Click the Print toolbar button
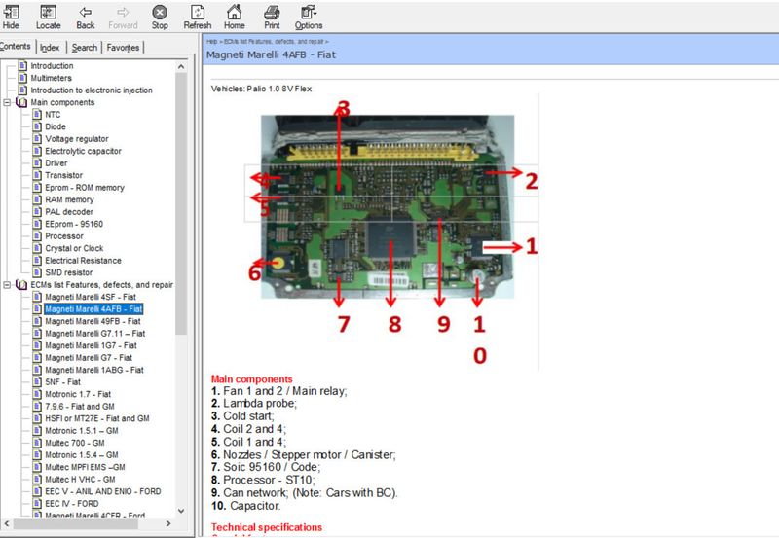tap(273, 17)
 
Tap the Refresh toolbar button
tap(197, 17)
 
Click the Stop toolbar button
tap(160, 17)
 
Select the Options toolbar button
tap(309, 17)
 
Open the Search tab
tap(84, 47)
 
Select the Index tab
tap(50, 47)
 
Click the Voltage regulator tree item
tap(77, 139)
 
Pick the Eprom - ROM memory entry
tap(85, 188)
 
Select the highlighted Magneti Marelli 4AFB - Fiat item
tap(93, 309)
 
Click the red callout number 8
tap(393, 324)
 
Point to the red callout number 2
tap(531, 180)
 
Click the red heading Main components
tap(251, 378)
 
